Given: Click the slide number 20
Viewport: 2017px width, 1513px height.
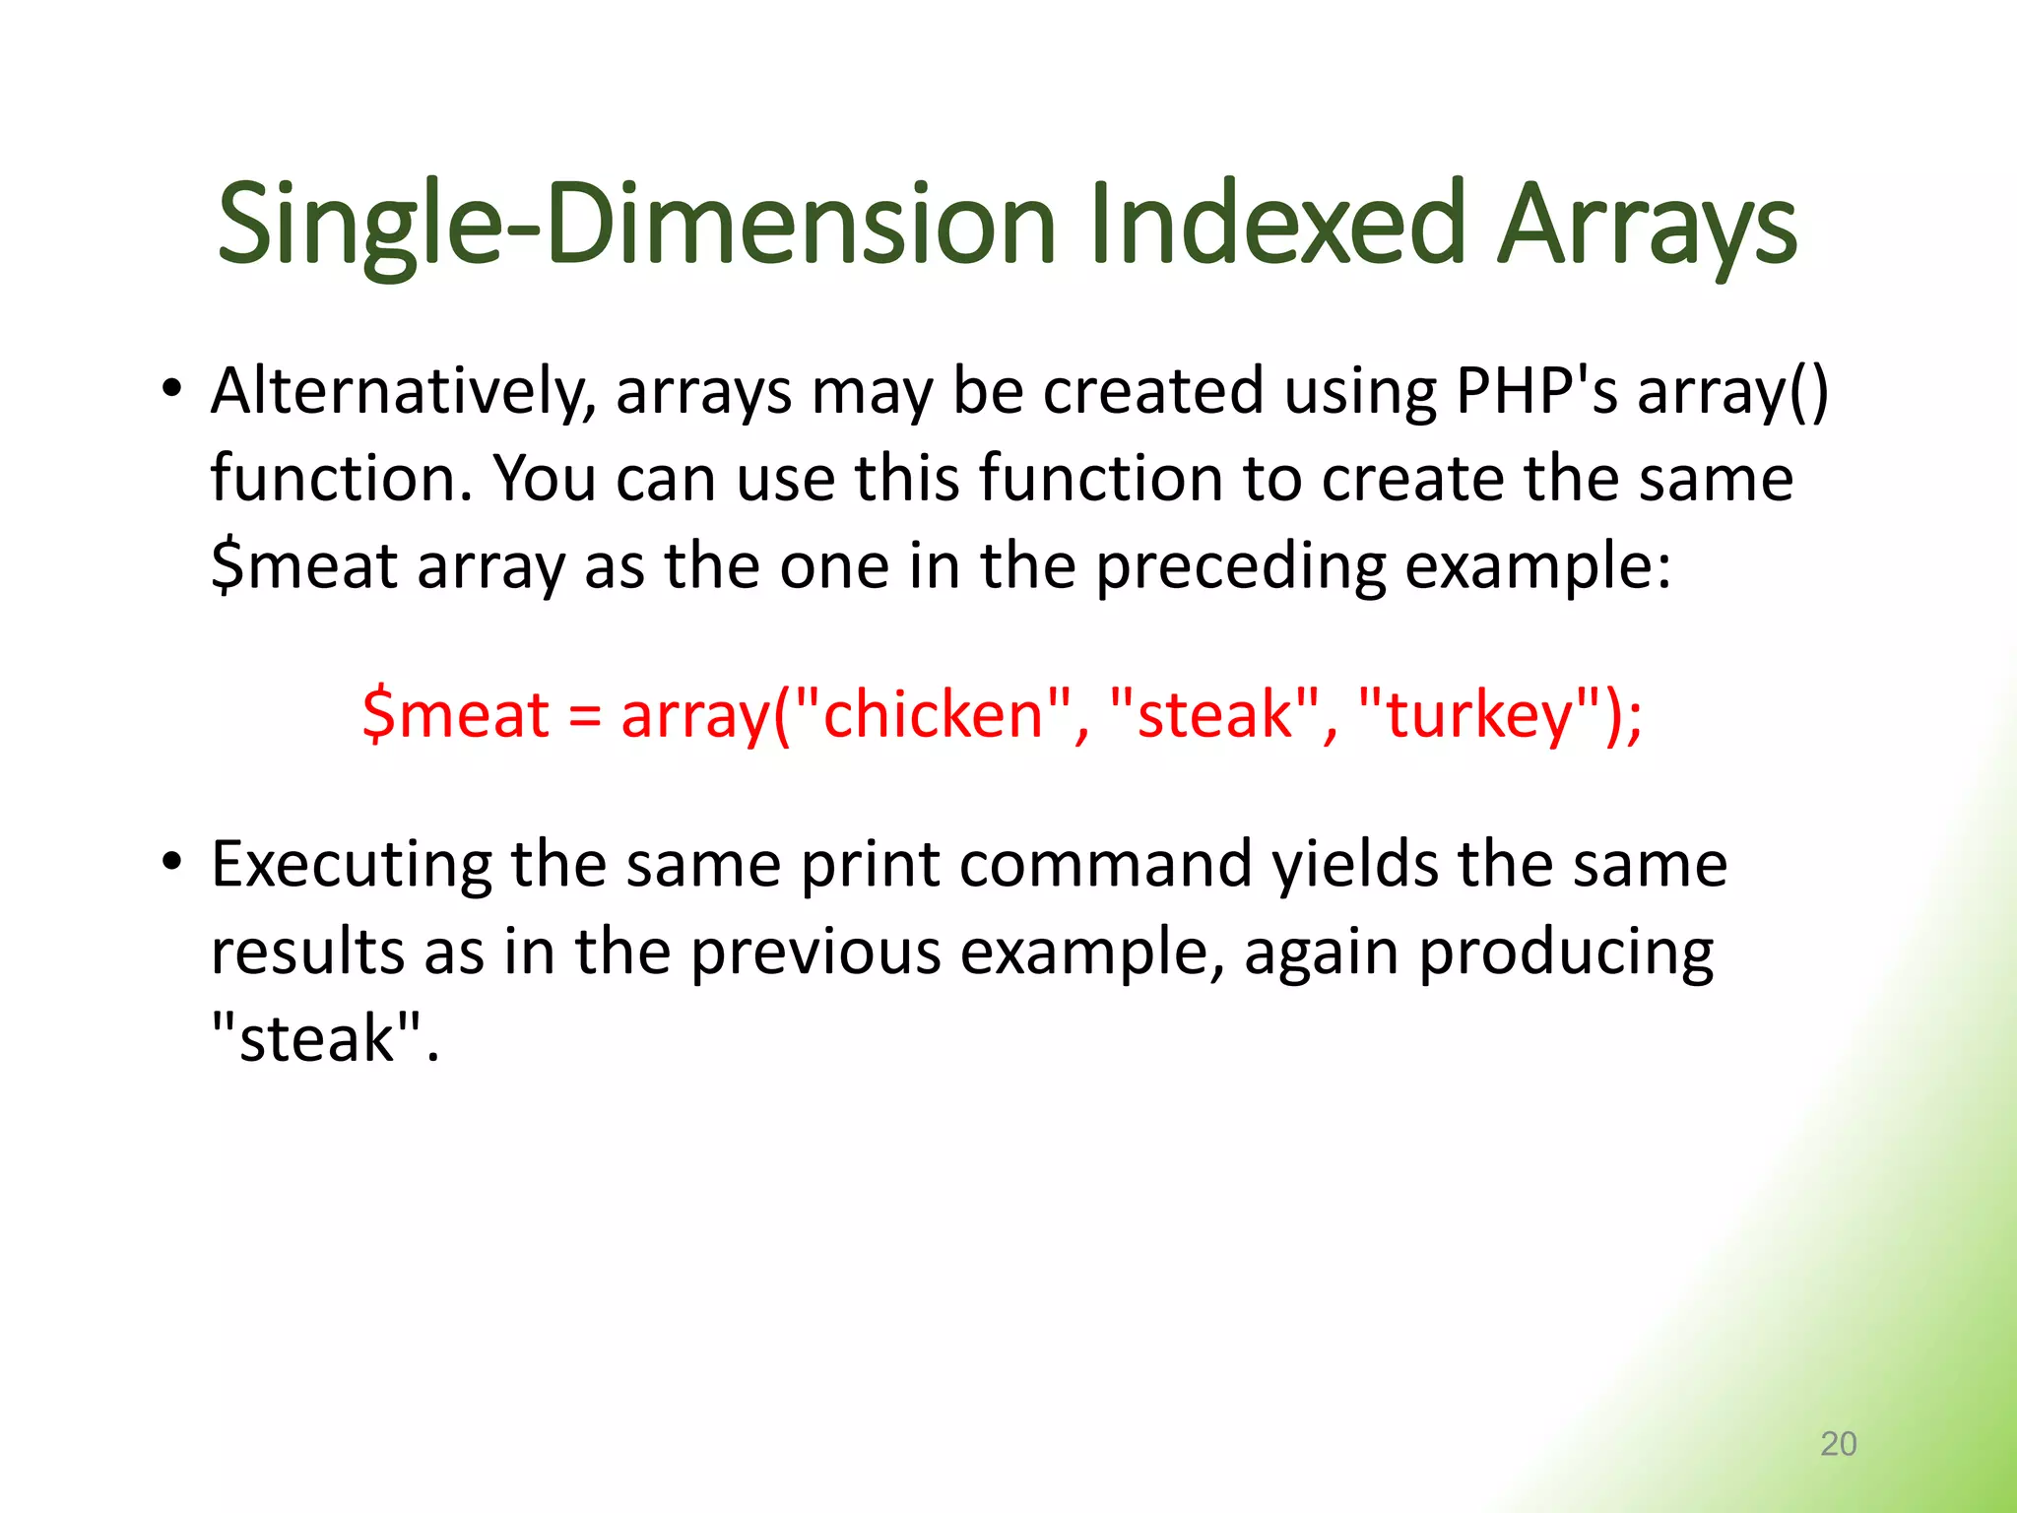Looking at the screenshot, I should click(x=1838, y=1443).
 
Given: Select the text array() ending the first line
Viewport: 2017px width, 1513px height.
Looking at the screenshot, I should click(x=1732, y=392).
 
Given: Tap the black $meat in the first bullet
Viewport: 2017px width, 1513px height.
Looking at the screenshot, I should click(x=304, y=567).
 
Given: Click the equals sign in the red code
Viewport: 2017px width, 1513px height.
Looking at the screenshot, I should click(x=585, y=716).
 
